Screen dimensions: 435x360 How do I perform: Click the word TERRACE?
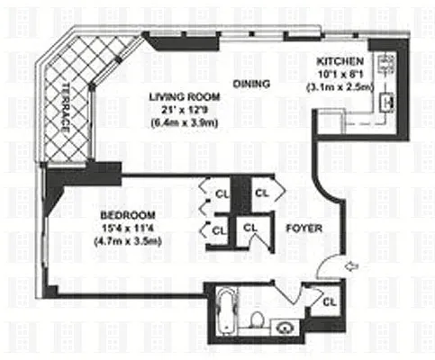click(66, 108)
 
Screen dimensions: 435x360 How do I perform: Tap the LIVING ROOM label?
click(185, 97)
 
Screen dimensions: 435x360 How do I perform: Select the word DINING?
click(251, 84)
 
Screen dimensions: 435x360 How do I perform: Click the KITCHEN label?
click(340, 61)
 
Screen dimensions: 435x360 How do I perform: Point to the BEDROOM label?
click(128, 215)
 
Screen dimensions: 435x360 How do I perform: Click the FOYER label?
click(304, 229)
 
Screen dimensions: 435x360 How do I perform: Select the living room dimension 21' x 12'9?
click(185, 110)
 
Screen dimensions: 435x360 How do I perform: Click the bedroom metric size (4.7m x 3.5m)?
click(128, 241)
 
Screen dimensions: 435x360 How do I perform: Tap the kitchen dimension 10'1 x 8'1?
click(340, 74)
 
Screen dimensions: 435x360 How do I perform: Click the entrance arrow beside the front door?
click(352, 265)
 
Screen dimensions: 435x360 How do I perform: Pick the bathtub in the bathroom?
click(228, 310)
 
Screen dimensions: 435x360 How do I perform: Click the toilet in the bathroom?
click(257, 319)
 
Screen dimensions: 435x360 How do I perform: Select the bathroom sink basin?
click(284, 328)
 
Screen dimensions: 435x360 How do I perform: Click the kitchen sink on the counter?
click(386, 103)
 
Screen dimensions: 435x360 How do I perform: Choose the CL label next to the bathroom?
click(330, 302)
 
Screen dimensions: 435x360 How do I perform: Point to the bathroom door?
click(283, 292)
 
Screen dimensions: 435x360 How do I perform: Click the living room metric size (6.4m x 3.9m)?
click(185, 123)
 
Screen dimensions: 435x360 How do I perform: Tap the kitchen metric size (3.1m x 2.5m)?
click(340, 87)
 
